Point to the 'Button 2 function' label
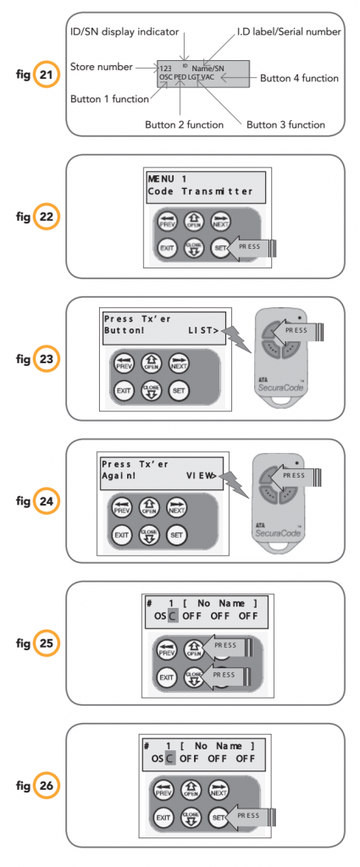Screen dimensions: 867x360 pyautogui.click(x=184, y=124)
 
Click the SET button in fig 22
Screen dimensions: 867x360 pyautogui.click(x=220, y=247)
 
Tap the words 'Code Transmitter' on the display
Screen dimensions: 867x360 pyautogui.click(x=200, y=191)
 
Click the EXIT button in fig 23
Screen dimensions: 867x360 pyautogui.click(x=124, y=390)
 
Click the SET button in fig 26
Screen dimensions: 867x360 pyautogui.click(x=219, y=819)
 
